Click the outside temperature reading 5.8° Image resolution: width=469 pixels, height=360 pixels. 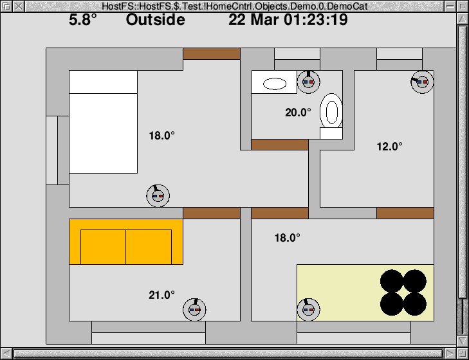tap(83, 20)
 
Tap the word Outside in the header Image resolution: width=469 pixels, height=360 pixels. tap(156, 20)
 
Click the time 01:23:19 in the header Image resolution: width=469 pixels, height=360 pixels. tap(316, 20)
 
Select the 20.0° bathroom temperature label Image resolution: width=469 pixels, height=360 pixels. tap(298, 113)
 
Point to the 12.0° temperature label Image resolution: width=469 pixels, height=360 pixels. tap(389, 147)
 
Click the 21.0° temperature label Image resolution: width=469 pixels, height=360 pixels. tap(162, 295)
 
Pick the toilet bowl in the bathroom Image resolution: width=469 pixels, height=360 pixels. tap(331, 111)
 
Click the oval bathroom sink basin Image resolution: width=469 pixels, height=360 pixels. tap(275, 84)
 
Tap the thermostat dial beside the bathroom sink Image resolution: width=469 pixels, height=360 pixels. tap(308, 82)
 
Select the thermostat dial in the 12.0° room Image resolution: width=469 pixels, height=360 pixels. tap(422, 82)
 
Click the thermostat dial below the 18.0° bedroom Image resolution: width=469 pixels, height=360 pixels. tap(158, 196)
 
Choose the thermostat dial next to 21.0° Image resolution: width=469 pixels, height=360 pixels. tap(194, 310)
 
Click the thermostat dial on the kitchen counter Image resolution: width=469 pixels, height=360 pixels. tap(308, 310)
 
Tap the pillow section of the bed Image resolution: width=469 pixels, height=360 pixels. tap(103, 82)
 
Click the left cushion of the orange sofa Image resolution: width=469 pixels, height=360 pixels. tap(103, 247)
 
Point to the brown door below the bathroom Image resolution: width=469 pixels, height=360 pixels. tap(280, 145)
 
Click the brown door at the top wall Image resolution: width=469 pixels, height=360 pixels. tap(212, 54)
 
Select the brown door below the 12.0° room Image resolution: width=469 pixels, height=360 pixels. tap(405, 213)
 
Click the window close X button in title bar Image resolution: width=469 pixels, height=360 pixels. tap(19, 6)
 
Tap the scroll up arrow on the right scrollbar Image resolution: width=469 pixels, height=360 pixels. tap(463, 19)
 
